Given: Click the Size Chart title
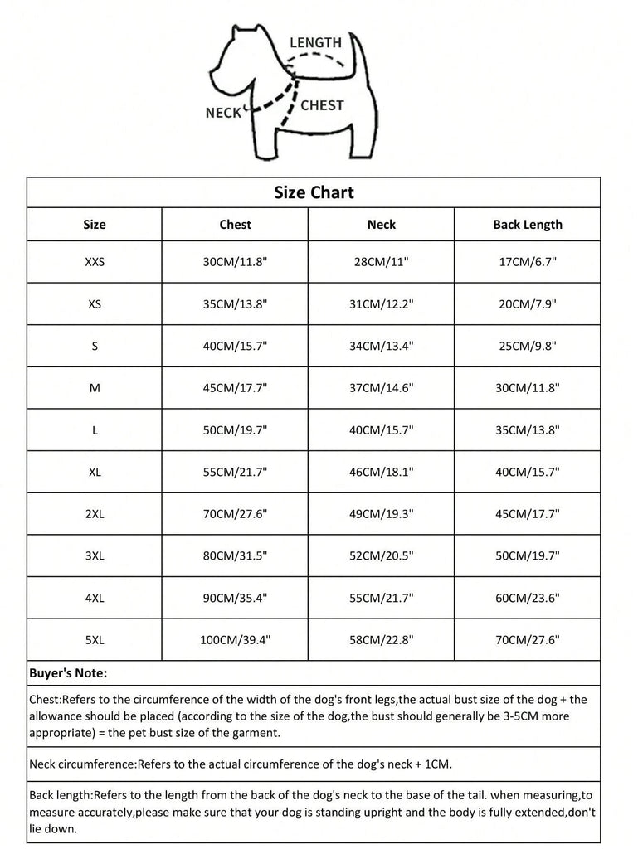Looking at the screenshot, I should (x=314, y=192).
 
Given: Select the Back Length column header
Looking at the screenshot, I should (x=527, y=225).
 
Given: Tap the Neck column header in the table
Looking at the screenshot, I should (x=381, y=225).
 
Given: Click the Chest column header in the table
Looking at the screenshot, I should (x=235, y=225).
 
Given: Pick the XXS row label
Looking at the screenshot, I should (x=95, y=262).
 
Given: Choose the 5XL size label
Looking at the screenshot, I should (x=95, y=639).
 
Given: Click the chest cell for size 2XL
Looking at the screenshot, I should (x=235, y=514).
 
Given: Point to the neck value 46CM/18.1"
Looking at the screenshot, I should (x=381, y=472).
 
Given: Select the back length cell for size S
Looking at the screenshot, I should (x=527, y=346).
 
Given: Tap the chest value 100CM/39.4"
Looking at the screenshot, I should (x=235, y=639).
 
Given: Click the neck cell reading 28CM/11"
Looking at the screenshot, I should (x=381, y=262).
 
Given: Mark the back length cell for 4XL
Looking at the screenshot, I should (x=527, y=598).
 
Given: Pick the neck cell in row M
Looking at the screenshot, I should (x=381, y=388).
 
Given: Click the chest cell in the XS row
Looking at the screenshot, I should (x=235, y=304).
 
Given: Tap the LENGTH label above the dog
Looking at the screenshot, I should (x=315, y=42).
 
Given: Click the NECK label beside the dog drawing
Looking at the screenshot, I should (x=222, y=113).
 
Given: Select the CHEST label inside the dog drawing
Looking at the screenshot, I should (x=322, y=105).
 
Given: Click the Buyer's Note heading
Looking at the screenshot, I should (x=68, y=673).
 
